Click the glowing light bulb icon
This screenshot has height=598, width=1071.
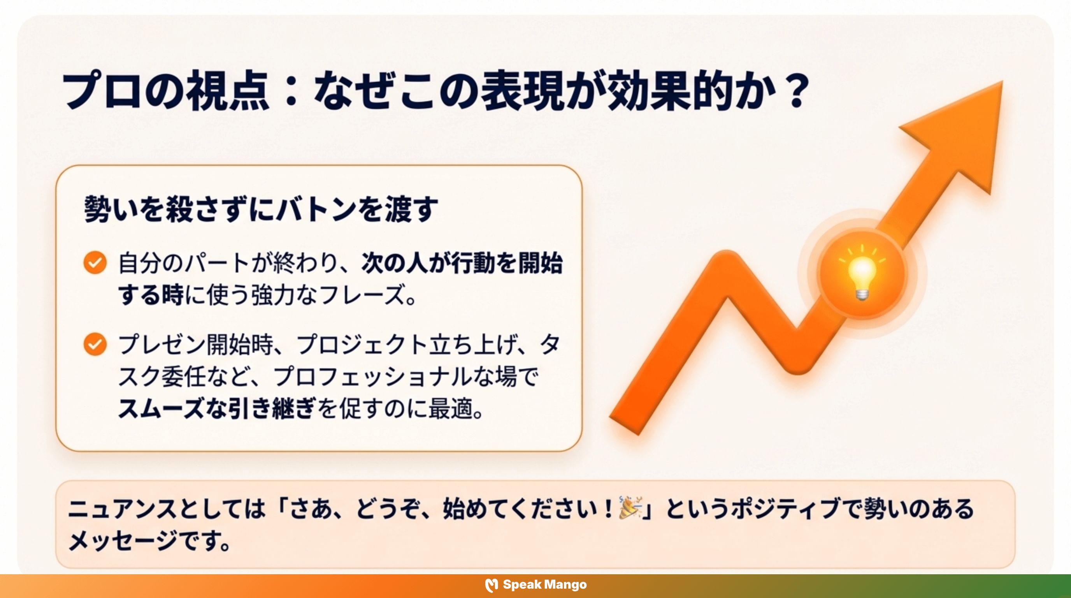(862, 276)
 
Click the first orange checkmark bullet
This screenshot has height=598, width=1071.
(95, 263)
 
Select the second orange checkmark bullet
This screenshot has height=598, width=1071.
(95, 344)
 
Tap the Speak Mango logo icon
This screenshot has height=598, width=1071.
(492, 585)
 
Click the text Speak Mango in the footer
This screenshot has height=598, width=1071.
(545, 585)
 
